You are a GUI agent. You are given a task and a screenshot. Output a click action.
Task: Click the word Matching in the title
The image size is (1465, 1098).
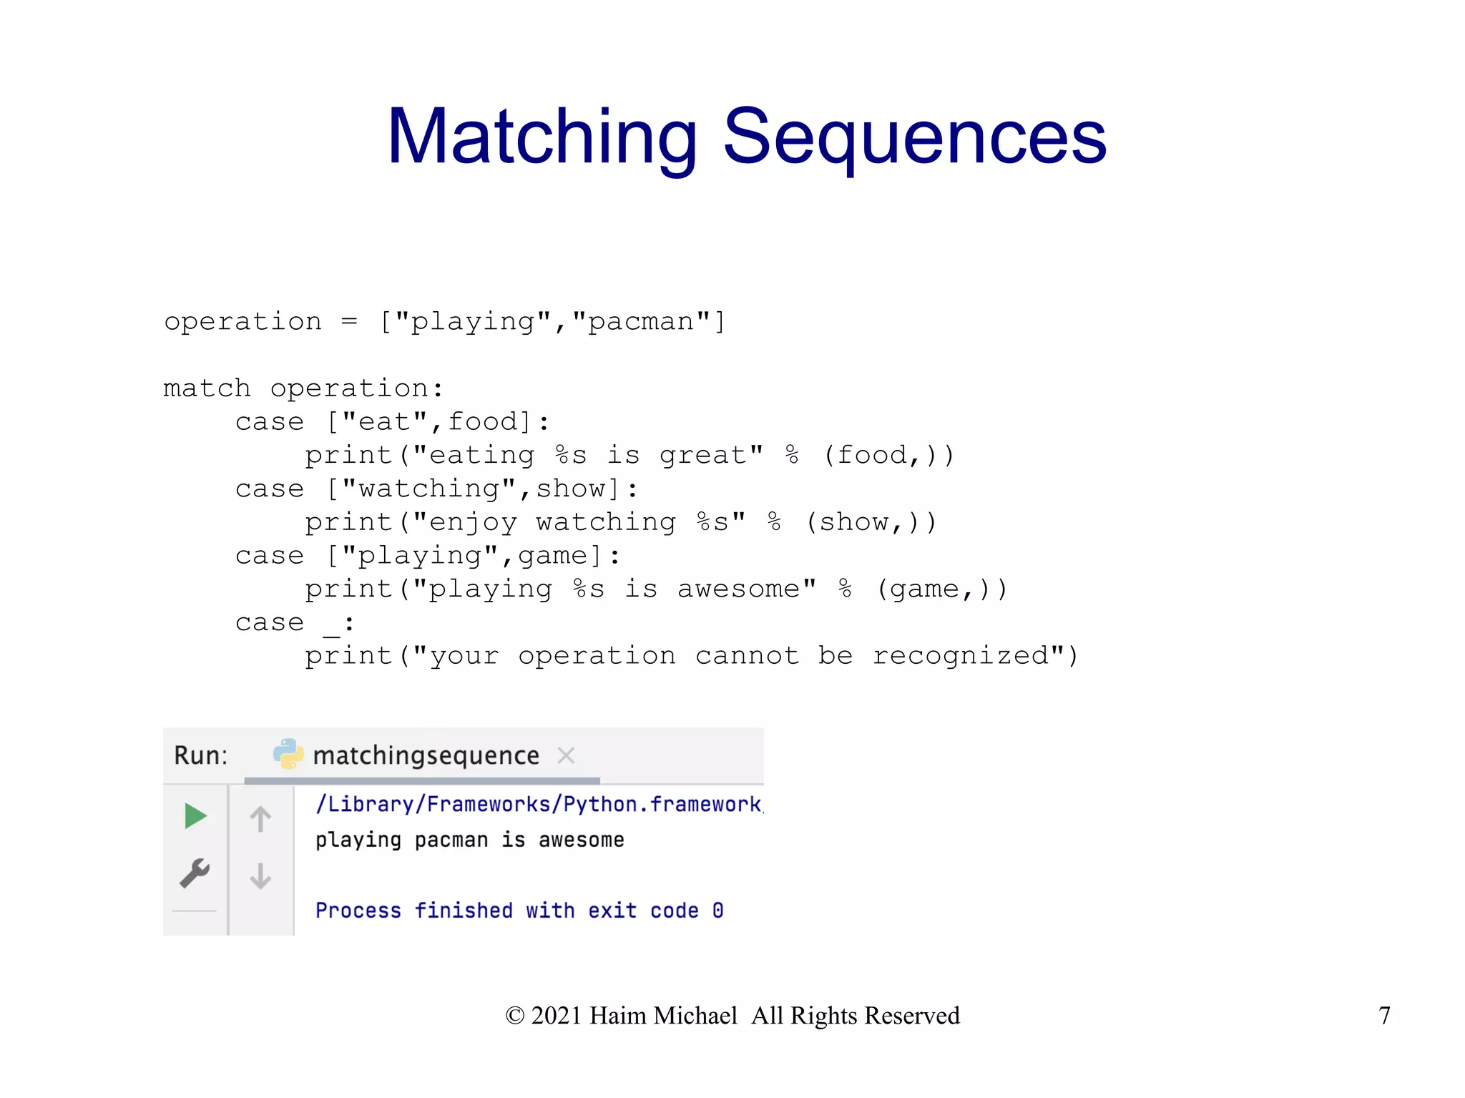click(542, 137)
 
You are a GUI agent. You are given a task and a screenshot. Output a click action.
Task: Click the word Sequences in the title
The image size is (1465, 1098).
click(914, 137)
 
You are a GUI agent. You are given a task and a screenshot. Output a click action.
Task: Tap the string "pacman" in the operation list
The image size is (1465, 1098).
click(641, 322)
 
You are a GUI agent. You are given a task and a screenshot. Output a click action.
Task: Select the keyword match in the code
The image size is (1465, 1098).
click(207, 388)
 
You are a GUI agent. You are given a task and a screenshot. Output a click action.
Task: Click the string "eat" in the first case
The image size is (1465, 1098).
click(385, 422)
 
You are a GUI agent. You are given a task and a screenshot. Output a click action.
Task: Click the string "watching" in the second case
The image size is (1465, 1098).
click(428, 489)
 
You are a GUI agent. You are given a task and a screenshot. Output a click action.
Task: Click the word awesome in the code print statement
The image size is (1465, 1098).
click(738, 589)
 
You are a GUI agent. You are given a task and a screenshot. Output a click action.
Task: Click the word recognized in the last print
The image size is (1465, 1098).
click(961, 656)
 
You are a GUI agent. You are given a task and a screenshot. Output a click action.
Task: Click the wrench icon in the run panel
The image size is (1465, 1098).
click(195, 873)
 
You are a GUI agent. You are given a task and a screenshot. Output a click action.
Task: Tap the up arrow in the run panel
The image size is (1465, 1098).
click(260, 818)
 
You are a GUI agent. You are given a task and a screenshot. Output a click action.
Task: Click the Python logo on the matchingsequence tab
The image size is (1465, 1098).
click(288, 754)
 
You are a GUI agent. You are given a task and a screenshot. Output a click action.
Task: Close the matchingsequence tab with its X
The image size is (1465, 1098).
click(566, 755)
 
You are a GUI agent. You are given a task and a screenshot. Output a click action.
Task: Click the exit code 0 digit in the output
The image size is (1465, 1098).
click(717, 911)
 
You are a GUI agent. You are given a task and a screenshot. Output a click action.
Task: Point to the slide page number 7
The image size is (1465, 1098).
click(1384, 1015)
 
